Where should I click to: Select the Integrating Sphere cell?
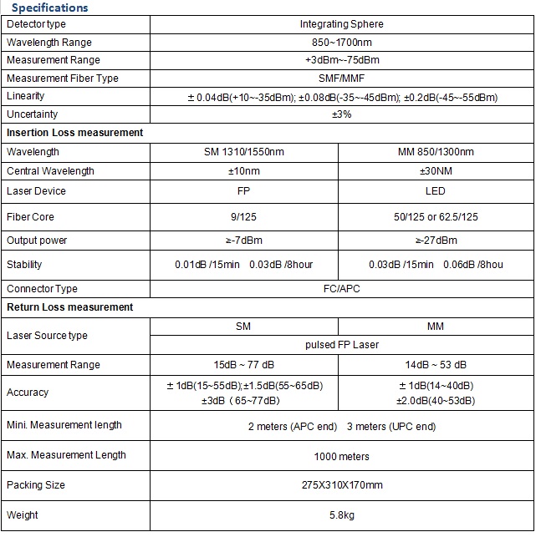coord(341,24)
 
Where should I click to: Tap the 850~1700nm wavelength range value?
coord(341,43)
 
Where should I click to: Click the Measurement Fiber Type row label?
coord(63,79)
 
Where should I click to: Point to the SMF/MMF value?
coord(341,79)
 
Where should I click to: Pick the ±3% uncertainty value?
coord(341,114)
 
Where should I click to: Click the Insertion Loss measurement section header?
coord(74,133)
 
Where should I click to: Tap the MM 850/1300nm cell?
coord(436,152)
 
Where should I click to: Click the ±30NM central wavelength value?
coord(436,171)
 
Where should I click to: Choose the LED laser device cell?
coord(436,191)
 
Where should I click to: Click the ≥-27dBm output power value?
coord(436,241)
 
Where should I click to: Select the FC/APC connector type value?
coord(341,289)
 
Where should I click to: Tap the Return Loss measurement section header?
coord(69,307)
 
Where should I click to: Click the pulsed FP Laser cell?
coord(341,344)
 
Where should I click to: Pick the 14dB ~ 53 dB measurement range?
coord(436,365)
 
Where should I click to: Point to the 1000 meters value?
coord(341,456)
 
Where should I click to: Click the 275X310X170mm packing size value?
coord(341,485)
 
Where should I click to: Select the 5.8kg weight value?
coord(341,515)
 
